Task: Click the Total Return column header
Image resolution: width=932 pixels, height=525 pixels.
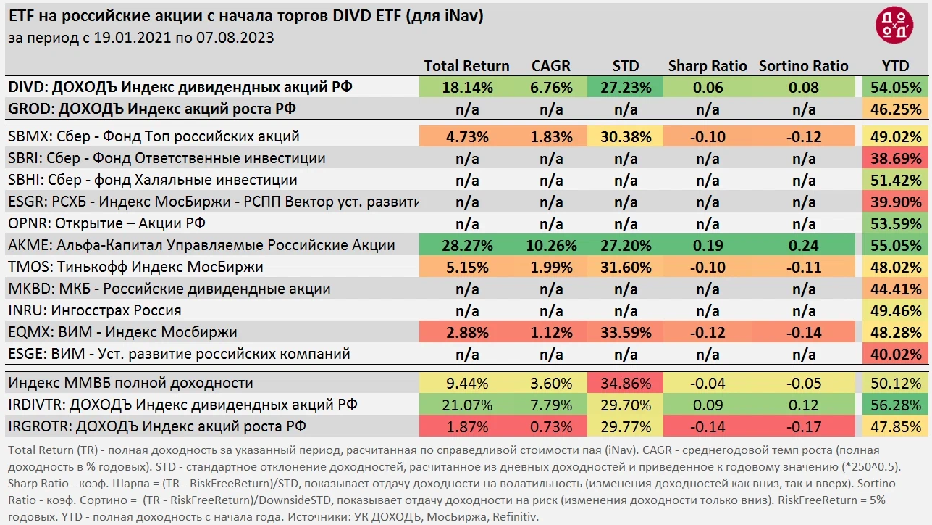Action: [466, 66]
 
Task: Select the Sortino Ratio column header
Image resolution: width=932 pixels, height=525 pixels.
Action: [803, 66]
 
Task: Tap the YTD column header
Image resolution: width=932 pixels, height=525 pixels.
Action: [895, 66]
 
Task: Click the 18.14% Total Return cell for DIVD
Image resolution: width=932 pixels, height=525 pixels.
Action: [467, 88]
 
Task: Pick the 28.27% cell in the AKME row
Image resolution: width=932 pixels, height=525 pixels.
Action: [467, 245]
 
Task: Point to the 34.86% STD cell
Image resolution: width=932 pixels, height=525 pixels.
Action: [626, 383]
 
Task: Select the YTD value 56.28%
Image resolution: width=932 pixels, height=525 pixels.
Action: [896, 405]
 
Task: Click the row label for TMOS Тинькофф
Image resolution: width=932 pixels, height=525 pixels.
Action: [135, 267]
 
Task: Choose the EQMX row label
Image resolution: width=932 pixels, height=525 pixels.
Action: [122, 332]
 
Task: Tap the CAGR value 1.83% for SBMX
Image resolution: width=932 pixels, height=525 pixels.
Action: [551, 136]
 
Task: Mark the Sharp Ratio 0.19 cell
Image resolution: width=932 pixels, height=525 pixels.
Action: [707, 245]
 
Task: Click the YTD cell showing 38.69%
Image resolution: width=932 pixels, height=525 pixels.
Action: [896, 158]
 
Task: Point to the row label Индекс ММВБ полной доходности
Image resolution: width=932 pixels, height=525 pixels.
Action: [130, 383]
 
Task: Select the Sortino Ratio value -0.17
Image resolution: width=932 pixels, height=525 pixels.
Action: [803, 426]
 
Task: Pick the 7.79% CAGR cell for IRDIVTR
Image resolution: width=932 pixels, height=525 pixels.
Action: [551, 405]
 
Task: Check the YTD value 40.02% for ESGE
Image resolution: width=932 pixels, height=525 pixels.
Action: [896, 354]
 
